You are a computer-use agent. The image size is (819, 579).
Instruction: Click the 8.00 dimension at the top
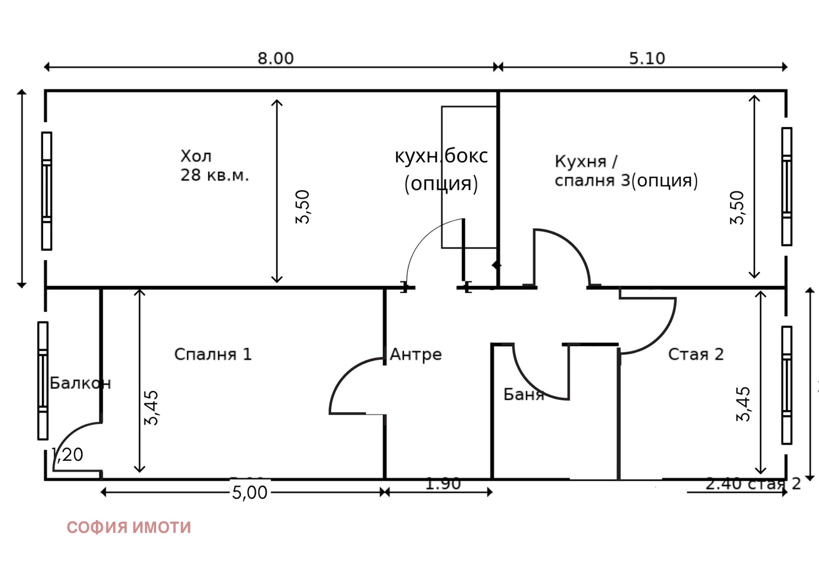point(275,58)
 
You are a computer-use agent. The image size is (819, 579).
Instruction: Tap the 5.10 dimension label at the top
point(647,58)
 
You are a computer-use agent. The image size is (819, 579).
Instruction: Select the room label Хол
point(196,156)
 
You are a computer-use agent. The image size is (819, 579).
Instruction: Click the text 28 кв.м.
point(214,175)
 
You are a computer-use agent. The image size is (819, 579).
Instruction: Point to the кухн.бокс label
point(441,156)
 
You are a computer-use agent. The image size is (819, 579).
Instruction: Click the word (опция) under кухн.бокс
point(441,183)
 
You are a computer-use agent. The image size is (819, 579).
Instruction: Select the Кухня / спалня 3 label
point(626,171)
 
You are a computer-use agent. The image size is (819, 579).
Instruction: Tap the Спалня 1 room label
point(213,354)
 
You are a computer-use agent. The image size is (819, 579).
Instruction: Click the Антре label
point(416,354)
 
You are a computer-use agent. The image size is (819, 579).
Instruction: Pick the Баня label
point(523,394)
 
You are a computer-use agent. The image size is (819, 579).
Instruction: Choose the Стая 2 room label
point(696,354)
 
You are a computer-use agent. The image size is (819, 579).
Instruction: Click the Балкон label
point(80,383)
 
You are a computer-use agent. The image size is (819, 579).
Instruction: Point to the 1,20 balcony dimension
point(68,455)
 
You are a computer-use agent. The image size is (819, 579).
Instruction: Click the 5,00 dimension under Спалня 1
point(250,492)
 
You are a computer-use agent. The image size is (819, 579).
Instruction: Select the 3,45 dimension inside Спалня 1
point(152,408)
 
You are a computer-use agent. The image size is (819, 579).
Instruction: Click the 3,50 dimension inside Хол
point(303,207)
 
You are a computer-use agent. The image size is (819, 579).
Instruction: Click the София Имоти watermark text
point(128,527)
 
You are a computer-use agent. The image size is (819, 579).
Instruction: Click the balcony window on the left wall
point(43,381)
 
